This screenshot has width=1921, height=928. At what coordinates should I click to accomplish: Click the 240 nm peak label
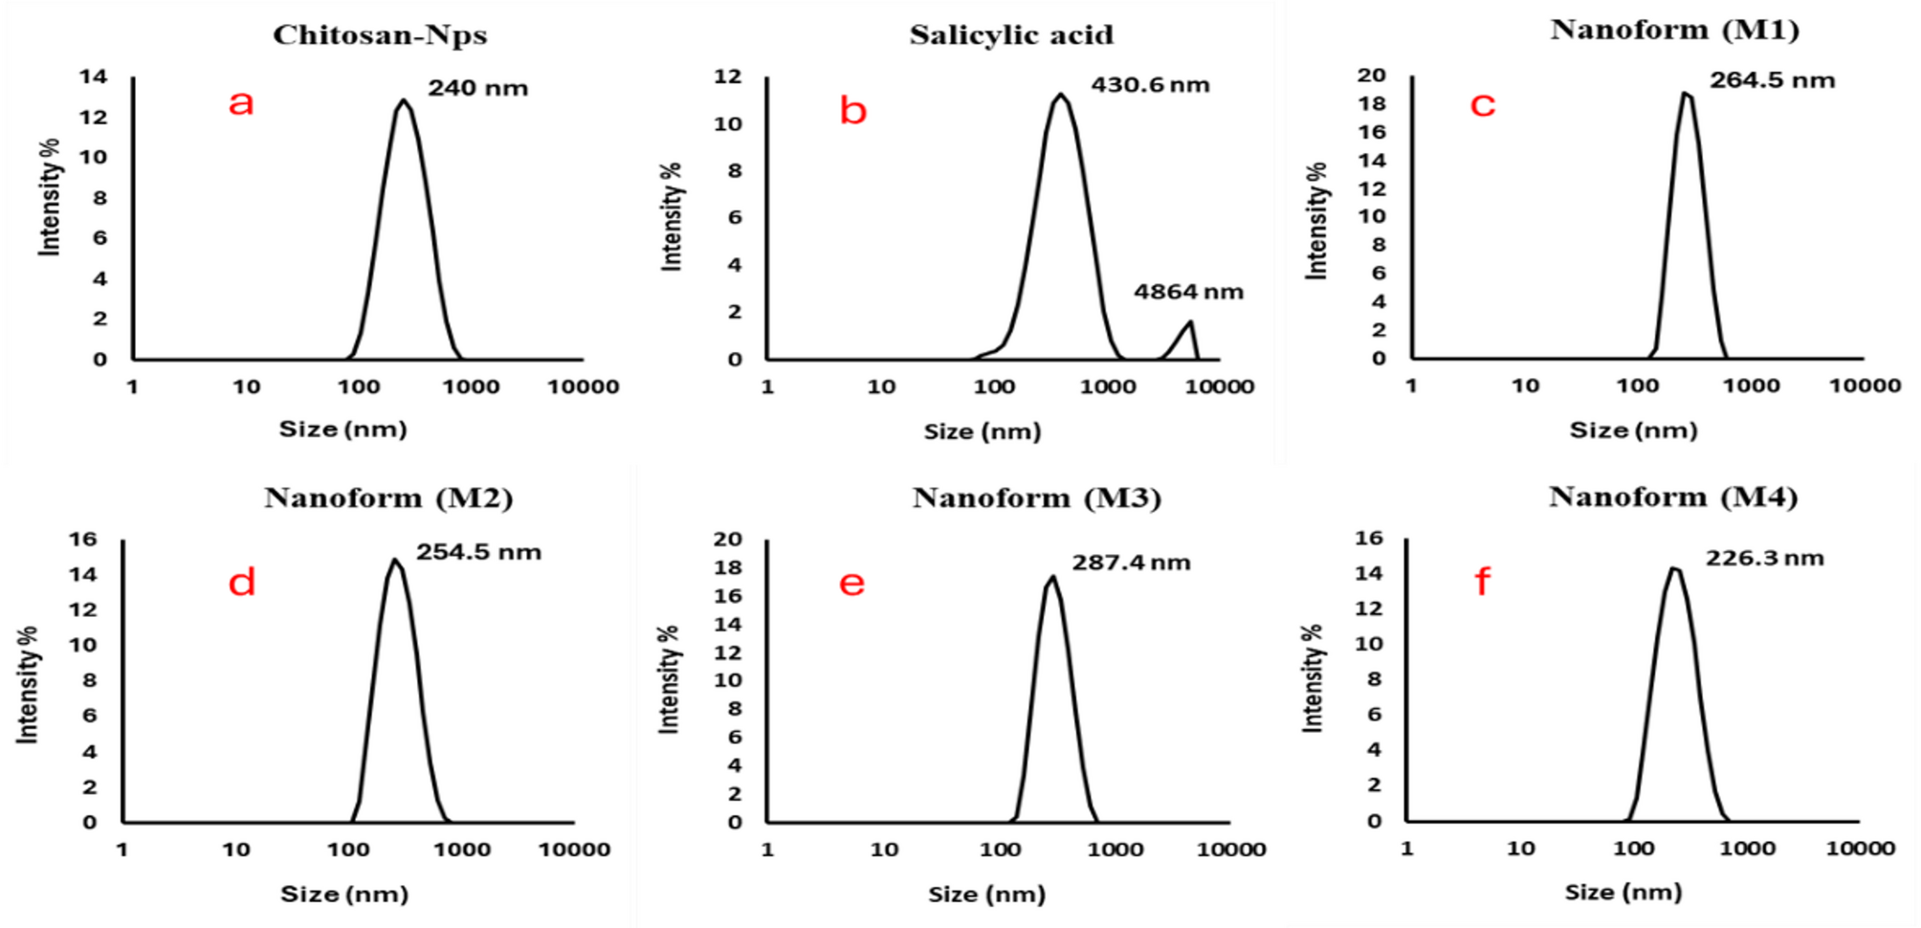[477, 88]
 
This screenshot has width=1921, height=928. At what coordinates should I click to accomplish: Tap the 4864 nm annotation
[1188, 292]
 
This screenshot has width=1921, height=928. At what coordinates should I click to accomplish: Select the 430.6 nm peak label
[1150, 85]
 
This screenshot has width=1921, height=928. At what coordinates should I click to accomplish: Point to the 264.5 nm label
[1772, 80]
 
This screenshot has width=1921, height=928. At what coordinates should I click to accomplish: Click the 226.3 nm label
[1764, 558]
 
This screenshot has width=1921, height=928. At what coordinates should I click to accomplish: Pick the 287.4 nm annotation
[1131, 563]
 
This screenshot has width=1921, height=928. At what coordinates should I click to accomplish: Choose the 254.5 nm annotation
[478, 552]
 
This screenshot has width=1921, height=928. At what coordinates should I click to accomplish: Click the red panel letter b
[852, 111]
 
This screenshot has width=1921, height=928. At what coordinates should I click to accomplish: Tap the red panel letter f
[1482, 581]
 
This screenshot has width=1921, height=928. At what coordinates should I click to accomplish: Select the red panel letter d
[241, 582]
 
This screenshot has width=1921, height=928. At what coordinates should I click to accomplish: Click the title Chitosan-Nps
[380, 35]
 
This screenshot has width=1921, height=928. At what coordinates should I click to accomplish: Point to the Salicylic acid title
[1011, 35]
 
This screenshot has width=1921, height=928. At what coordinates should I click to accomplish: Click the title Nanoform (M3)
[1036, 498]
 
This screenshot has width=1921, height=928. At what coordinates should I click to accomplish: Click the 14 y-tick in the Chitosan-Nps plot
[94, 77]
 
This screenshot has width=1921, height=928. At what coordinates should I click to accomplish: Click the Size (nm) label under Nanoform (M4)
[1623, 893]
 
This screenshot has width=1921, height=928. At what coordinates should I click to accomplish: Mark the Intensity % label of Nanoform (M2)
[28, 685]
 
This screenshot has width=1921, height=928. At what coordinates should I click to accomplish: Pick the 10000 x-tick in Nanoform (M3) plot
[1232, 850]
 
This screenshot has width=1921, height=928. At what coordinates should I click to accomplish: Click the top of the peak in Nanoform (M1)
[1686, 93]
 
